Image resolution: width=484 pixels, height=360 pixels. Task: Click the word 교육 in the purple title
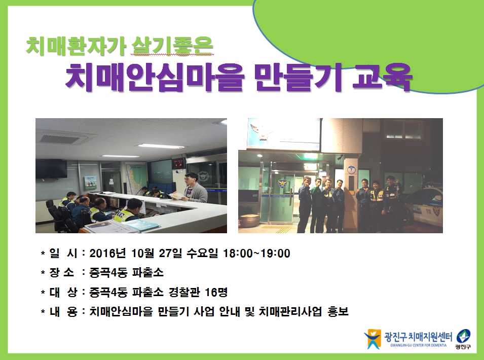tap(382, 77)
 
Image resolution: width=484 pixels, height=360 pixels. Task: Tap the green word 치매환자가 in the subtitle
tap(76, 46)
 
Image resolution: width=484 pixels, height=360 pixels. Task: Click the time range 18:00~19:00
tap(256, 254)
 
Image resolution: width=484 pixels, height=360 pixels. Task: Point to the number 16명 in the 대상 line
tap(216, 292)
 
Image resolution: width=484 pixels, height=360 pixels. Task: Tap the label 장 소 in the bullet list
tap(61, 273)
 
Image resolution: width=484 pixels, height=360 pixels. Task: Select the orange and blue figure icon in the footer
tap(373, 339)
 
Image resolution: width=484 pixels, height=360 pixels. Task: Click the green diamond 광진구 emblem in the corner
tap(463, 336)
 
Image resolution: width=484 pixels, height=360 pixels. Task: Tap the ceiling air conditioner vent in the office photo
tap(60, 138)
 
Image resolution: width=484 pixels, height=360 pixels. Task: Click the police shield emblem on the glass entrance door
tap(282, 184)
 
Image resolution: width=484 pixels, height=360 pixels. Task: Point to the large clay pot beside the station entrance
tap(249, 221)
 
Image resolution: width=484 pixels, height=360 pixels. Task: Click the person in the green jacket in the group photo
tap(316, 203)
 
